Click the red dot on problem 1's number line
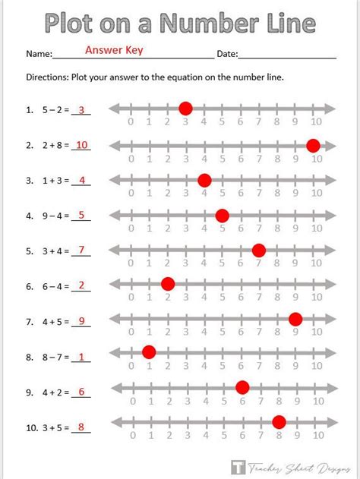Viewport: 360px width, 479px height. (185, 109)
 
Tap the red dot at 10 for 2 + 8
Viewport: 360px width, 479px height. (313, 146)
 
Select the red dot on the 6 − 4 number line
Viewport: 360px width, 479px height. (168, 284)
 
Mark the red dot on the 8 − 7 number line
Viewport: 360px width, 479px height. (149, 351)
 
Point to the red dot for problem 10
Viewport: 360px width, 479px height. (279, 422)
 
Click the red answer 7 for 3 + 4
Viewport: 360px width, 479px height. (81, 250)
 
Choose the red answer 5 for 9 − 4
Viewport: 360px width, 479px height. (81, 215)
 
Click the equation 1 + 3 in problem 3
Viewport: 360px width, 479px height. (54, 181)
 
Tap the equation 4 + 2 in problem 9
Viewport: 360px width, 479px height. (54, 392)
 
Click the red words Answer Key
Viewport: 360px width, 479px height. (114, 52)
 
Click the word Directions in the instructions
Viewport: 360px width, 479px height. (47, 77)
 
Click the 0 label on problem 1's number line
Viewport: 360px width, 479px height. (131, 123)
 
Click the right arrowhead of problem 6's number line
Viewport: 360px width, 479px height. (331, 284)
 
